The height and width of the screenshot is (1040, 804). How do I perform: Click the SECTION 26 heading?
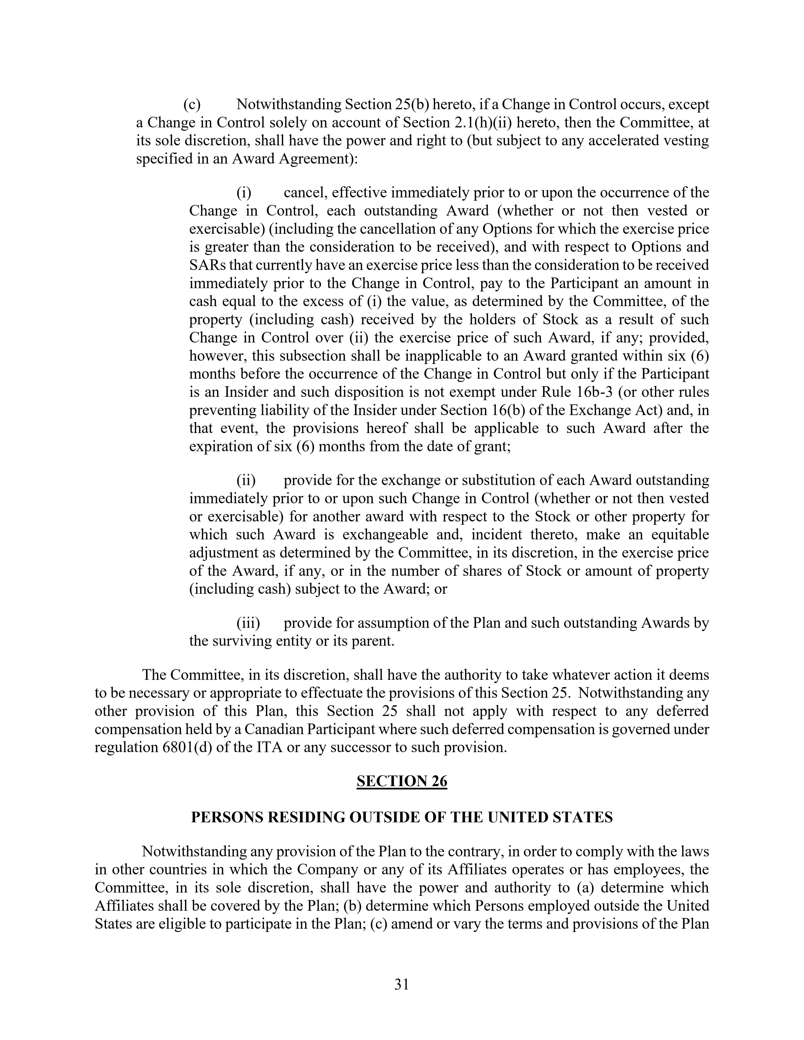pyautogui.click(x=402, y=781)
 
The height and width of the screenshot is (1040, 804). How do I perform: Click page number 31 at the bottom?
pyautogui.click(x=402, y=984)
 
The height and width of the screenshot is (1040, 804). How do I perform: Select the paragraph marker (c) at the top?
pyautogui.click(x=192, y=104)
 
